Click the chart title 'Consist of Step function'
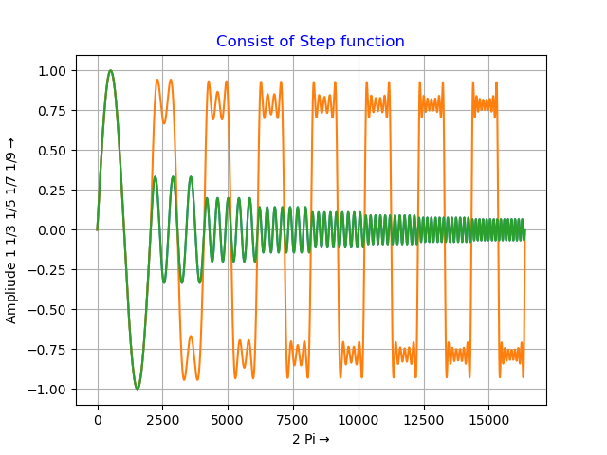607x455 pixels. tap(310, 42)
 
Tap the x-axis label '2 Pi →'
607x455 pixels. tap(310, 439)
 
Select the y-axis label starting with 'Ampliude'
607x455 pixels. tap(12, 229)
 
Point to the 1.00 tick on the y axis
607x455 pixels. tap(53, 71)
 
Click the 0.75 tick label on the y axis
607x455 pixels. tap(53, 111)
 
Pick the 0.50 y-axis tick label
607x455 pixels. tap(53, 151)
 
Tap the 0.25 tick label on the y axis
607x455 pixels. tap(53, 191)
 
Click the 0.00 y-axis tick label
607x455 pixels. tap(53, 230)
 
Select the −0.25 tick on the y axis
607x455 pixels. tap(49, 270)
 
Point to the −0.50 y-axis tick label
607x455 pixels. tap(49, 310)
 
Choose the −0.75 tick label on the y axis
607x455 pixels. tap(49, 350)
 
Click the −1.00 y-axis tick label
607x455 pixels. tap(49, 390)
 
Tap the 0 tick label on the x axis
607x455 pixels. tap(98, 419)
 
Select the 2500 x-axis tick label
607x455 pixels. tap(162, 419)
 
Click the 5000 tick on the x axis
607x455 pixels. tap(228, 419)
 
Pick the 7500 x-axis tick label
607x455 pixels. tap(293, 419)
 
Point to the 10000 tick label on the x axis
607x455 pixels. tap(359, 419)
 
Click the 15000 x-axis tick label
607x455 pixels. tap(488, 419)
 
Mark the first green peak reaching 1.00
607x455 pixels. tap(111, 71)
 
